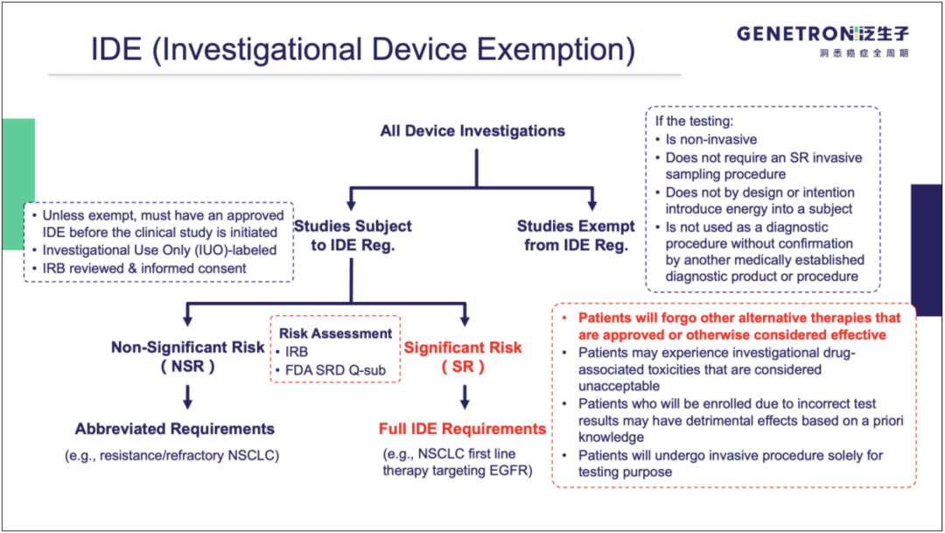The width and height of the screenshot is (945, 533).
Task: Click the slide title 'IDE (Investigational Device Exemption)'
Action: [x=363, y=49]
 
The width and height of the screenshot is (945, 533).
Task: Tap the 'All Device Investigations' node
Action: [x=472, y=131]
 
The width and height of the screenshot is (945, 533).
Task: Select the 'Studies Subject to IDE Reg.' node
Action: [x=353, y=235]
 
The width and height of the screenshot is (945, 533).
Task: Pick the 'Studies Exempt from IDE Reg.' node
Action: [x=576, y=235]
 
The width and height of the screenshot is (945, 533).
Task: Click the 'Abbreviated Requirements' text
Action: [x=175, y=429]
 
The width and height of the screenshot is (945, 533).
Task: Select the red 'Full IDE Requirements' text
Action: [x=462, y=429]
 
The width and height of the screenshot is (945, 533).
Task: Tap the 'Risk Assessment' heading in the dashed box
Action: [x=336, y=333]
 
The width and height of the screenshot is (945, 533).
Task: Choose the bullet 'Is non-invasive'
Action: [x=710, y=139]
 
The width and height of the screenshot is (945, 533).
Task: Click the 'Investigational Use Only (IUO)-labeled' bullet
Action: [x=157, y=250]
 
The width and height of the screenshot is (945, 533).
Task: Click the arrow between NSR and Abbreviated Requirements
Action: [x=187, y=397]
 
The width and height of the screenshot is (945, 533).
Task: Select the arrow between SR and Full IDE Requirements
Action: [x=465, y=397]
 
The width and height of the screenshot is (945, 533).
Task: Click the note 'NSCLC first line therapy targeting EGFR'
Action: [x=455, y=462]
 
